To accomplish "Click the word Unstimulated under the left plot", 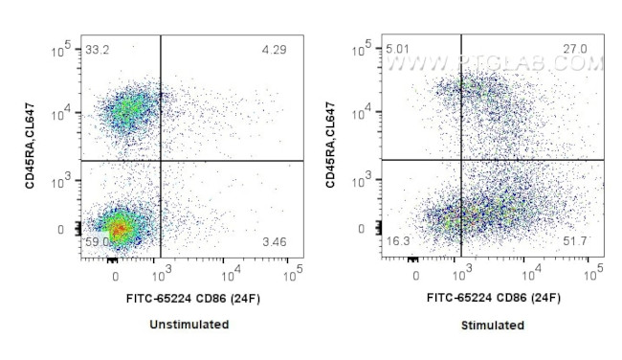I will [189, 325].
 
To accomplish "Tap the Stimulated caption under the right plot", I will [491, 326].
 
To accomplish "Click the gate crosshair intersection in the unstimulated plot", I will [160, 160].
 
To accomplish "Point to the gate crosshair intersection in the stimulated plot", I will [462, 160].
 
